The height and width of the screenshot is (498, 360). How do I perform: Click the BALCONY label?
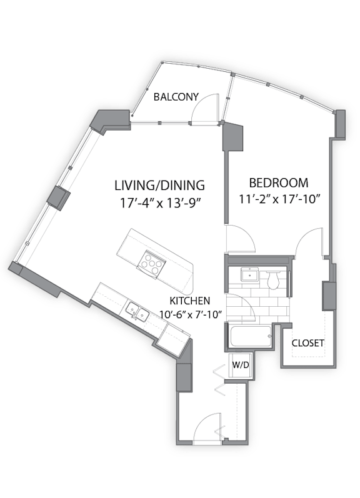pos(176,97)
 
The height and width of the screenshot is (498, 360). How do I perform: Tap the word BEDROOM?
pos(278,183)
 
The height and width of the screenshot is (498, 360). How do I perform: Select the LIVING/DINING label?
pos(159,185)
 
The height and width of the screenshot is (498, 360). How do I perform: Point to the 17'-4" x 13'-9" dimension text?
pos(161,202)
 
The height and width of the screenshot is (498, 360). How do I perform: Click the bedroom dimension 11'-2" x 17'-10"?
pos(279,199)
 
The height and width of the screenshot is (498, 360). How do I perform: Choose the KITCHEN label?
pos(190,300)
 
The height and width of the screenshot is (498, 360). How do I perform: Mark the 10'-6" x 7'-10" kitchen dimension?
pos(191,315)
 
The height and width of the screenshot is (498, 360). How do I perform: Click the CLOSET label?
pos(308,343)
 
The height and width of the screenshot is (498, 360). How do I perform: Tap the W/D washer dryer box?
pos(241,365)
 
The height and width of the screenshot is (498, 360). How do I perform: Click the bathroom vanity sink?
pos(250,275)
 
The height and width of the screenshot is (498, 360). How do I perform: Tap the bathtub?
pos(251,337)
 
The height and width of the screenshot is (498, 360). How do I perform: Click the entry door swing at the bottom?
pos(207,427)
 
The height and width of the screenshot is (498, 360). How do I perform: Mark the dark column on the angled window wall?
pos(59,198)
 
